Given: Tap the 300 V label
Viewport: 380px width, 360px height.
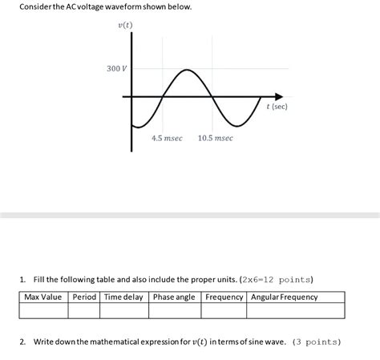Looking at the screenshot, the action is pos(117,69).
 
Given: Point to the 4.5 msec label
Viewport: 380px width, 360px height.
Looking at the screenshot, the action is pos(167,138).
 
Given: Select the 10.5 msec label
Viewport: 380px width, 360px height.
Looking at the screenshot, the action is pos(216,138).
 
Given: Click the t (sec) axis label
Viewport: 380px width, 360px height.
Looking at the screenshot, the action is pos(277,106).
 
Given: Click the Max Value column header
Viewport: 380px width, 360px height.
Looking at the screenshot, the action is pos(43,297).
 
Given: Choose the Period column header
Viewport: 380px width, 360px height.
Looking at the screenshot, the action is pos(84,297).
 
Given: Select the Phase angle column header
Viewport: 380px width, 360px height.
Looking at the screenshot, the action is pos(174,297).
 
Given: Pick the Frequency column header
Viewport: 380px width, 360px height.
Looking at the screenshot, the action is pos(224,297).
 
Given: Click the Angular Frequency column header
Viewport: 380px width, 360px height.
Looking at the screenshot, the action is pos(285,297).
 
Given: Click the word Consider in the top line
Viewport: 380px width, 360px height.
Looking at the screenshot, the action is pos(24,7).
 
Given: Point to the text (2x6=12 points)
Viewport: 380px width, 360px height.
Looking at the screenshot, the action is pos(277,279).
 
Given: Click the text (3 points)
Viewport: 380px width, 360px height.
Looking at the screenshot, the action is pos(317,342).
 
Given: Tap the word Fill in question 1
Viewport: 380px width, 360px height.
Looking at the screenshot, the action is pos(42,279).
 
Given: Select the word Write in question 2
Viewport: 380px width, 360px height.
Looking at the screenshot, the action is pos(45,342).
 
